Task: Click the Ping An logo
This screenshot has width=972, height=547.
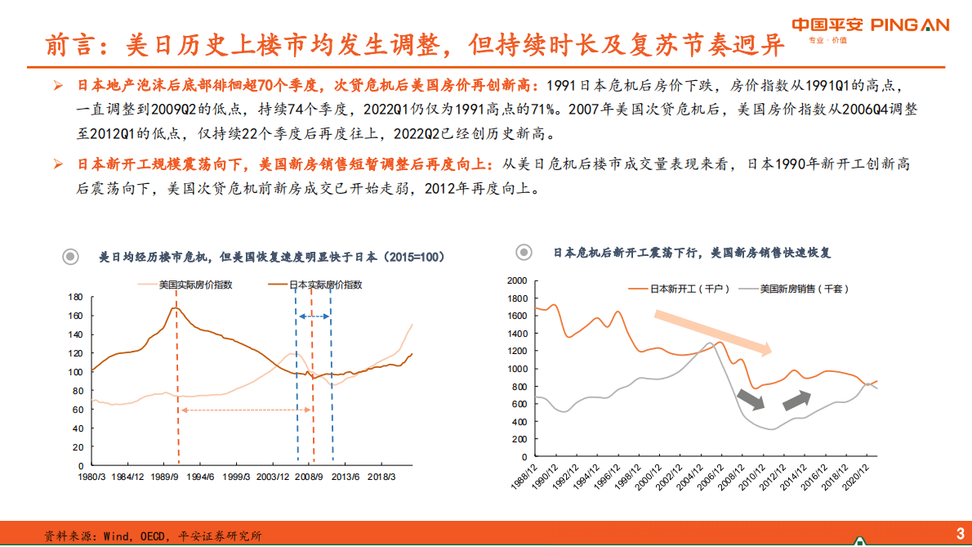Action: (871, 25)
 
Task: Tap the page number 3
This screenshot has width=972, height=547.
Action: (960, 534)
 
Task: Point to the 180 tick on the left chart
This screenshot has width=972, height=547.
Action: (76, 297)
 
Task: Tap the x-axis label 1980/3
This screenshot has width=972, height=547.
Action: (91, 476)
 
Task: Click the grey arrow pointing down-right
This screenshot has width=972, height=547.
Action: (751, 399)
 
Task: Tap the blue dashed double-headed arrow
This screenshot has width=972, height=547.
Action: (314, 316)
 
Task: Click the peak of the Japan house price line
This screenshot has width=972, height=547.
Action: (176, 307)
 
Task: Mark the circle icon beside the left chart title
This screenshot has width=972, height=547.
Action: (72, 257)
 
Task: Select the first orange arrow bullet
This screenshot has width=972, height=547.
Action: (58, 85)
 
